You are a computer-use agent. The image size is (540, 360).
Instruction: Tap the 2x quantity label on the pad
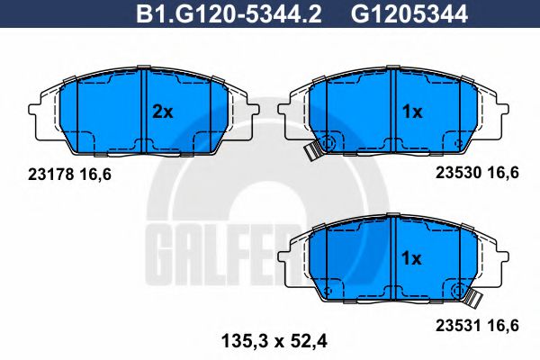click(x=163, y=112)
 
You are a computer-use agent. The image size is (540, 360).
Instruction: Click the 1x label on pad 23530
click(x=412, y=112)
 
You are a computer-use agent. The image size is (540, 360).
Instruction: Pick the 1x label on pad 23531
click(x=412, y=257)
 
